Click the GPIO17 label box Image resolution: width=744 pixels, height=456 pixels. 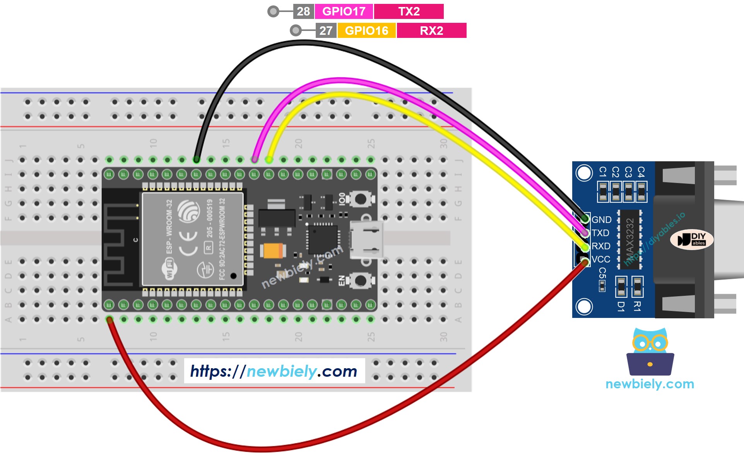click(344, 11)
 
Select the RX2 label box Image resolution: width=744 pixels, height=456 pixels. click(431, 31)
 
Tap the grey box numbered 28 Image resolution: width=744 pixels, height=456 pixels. click(303, 11)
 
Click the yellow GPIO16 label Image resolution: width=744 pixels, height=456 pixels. click(366, 31)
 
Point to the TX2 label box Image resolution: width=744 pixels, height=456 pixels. click(409, 11)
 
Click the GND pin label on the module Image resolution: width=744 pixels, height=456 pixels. click(601, 220)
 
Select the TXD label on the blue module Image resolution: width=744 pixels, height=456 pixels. click(600, 233)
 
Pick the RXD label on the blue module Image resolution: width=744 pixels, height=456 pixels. click(601, 246)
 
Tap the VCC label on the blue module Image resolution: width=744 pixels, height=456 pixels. click(601, 259)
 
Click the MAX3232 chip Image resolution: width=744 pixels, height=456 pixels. click(629, 239)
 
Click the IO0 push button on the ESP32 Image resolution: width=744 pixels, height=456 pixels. click(360, 199)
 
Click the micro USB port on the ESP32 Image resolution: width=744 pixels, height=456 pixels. click(366, 240)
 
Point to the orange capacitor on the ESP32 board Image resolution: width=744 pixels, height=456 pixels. click(273, 251)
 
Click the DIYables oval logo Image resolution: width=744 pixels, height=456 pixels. click(692, 239)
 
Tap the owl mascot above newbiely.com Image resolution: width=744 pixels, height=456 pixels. click(650, 352)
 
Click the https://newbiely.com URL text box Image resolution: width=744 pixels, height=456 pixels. click(274, 371)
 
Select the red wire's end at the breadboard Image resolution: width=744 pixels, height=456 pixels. click(110, 320)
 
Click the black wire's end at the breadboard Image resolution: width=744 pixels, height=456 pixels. click(197, 159)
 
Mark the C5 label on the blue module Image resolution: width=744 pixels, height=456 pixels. click(602, 273)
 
